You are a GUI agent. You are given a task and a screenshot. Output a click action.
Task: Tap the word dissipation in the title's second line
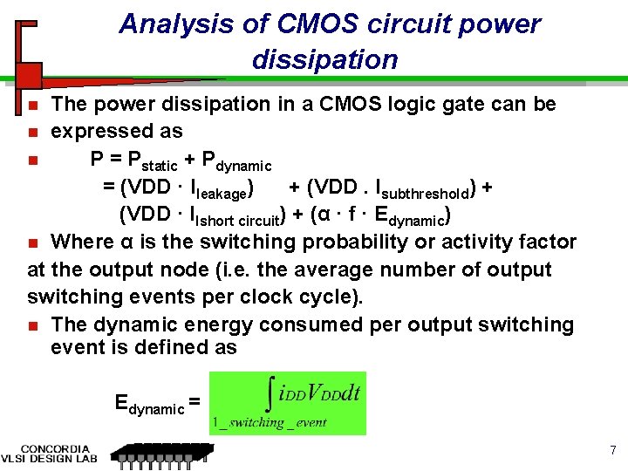324,60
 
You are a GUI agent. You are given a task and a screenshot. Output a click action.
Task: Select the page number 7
613,451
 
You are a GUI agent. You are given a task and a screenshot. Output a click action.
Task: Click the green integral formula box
287,403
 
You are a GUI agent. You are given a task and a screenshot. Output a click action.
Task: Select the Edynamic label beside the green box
150,404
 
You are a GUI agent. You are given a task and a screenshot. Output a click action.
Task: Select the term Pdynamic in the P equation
236,160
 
